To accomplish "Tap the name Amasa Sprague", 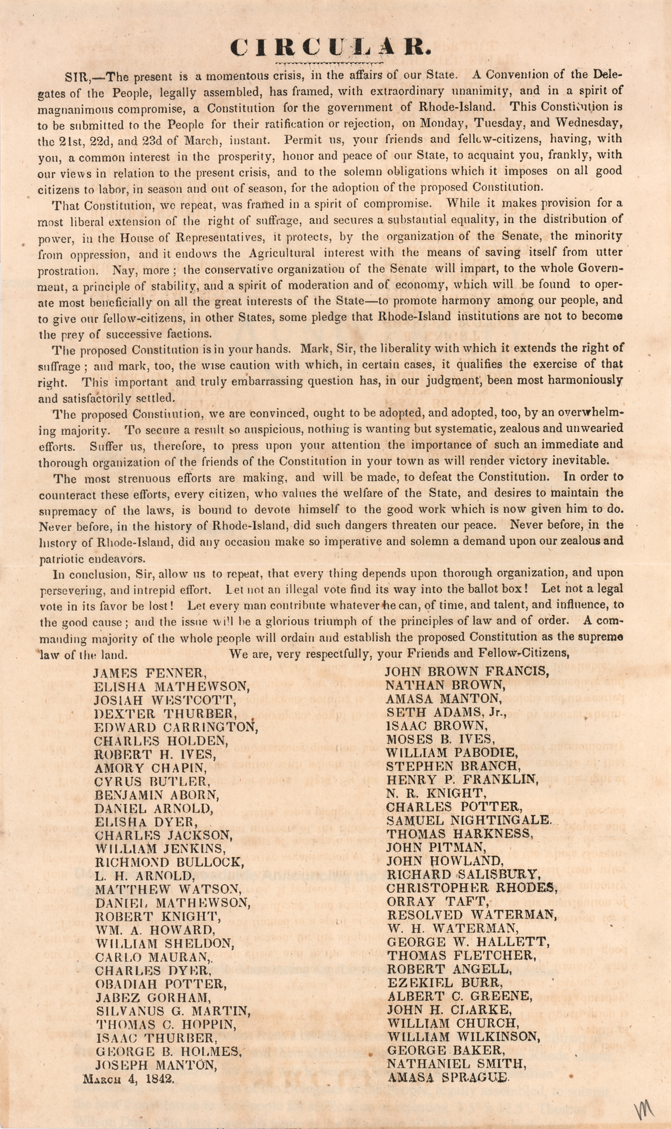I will (448, 1077).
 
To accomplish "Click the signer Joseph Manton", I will (155, 1065).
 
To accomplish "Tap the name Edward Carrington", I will (176, 727).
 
